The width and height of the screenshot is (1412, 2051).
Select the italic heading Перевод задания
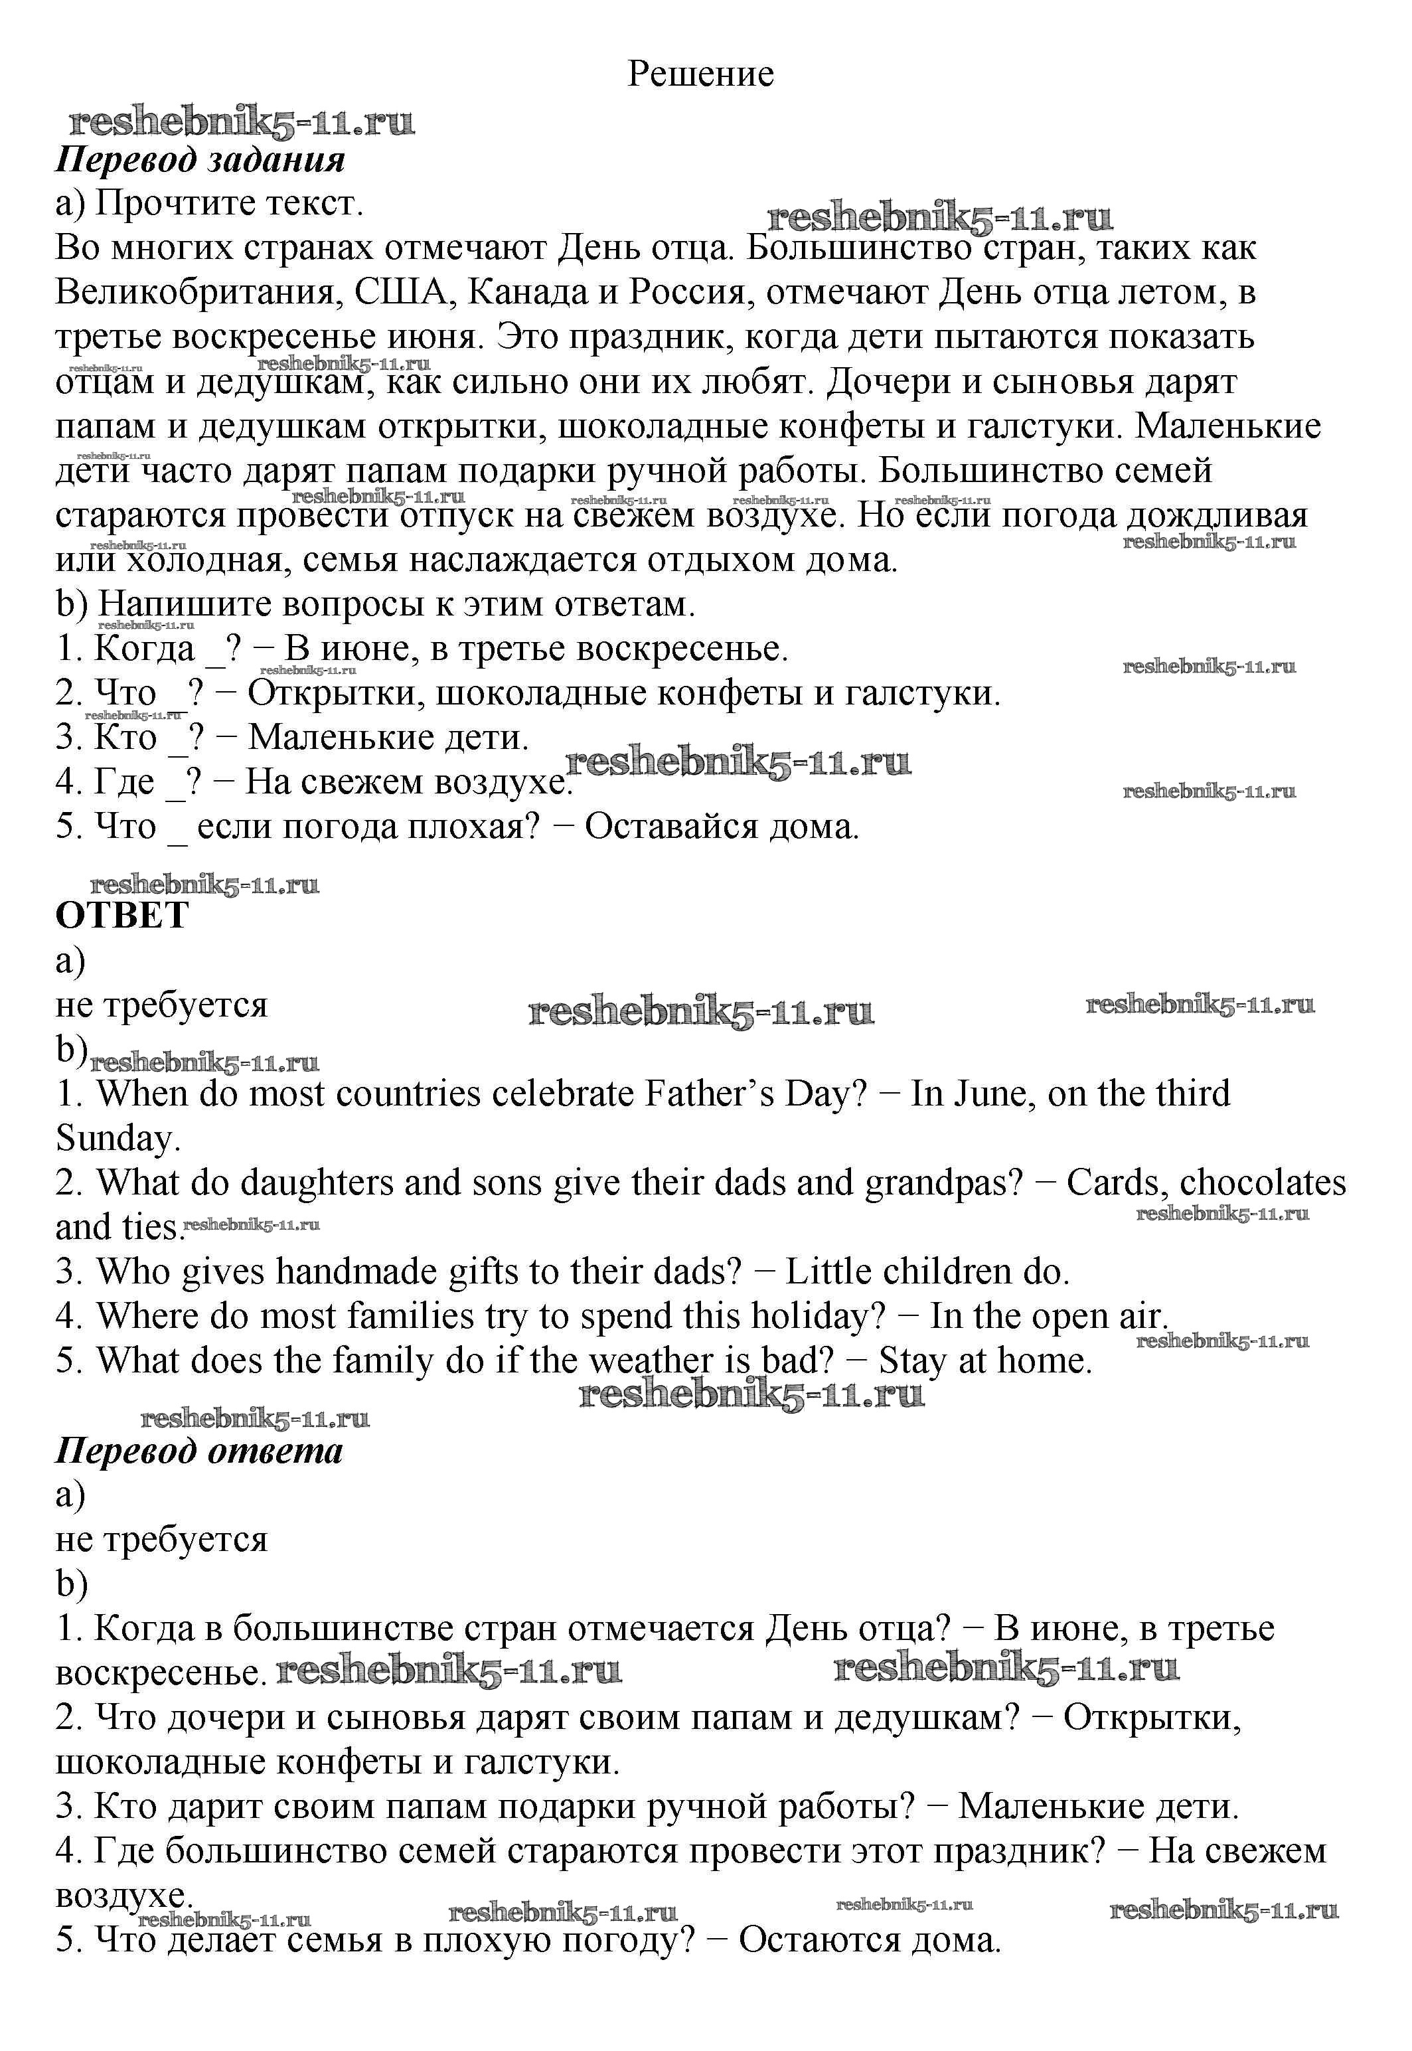click(x=200, y=160)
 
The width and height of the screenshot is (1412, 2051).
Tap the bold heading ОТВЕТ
click(x=122, y=916)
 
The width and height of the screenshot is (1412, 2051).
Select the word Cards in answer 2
click(x=1117, y=1183)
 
